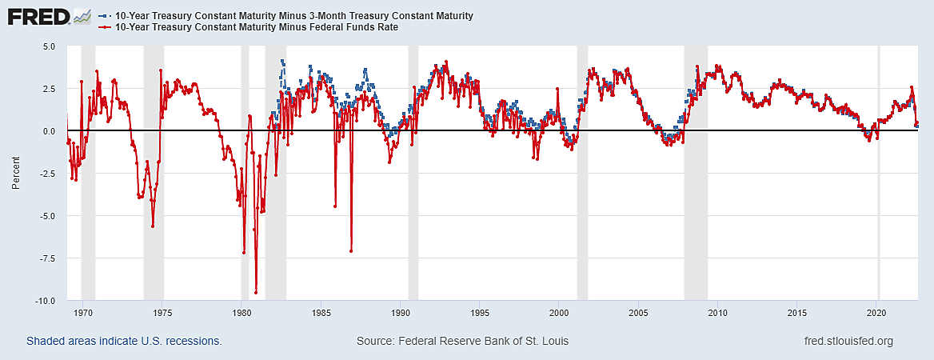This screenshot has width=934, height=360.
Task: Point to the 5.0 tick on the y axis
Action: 49,46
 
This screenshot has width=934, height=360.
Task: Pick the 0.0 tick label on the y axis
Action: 49,131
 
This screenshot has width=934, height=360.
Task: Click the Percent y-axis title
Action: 16,174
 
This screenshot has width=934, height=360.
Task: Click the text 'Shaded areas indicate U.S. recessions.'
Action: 124,341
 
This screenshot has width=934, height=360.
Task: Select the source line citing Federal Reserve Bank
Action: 462,341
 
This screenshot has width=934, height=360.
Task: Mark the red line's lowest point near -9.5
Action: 256,293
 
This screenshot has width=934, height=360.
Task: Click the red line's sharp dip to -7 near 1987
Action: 351,251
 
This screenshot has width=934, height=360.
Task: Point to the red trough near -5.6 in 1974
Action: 152,226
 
